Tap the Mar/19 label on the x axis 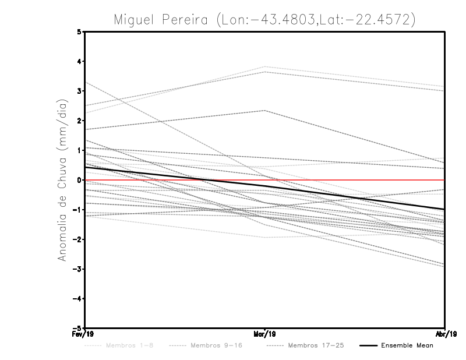click(265, 335)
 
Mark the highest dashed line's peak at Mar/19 click(265, 66)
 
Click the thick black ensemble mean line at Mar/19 click(265, 186)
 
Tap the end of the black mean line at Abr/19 click(444, 209)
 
